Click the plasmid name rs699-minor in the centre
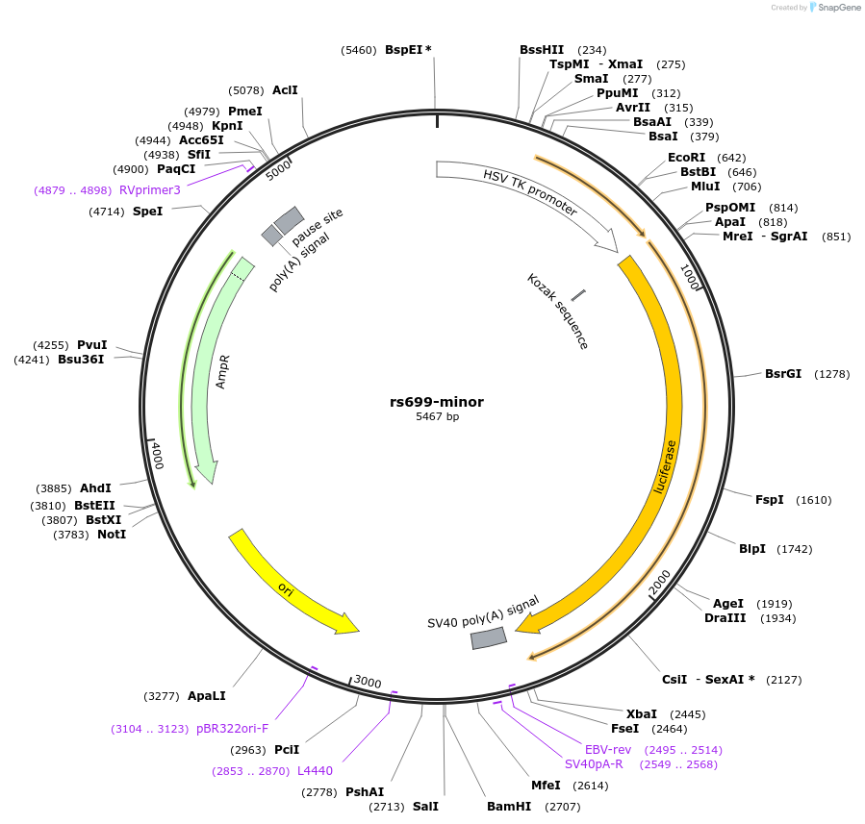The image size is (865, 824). (437, 402)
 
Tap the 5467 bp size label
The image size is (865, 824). (437, 417)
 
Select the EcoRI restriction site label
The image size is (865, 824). (686, 158)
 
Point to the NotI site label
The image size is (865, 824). (112, 534)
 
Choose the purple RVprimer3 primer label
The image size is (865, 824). (150, 190)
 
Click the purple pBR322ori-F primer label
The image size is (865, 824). (232, 729)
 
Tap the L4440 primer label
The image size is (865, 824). (315, 770)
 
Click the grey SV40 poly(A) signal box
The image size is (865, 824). (489, 637)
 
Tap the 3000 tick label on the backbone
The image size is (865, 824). (368, 682)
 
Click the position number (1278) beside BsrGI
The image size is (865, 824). (832, 373)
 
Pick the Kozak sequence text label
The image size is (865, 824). (557, 311)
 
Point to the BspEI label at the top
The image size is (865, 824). (404, 49)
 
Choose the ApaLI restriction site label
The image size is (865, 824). (207, 695)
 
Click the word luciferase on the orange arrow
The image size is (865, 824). (664, 467)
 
